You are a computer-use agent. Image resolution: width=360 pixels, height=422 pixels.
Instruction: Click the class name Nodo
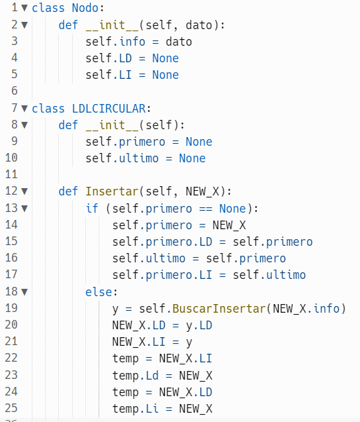85,8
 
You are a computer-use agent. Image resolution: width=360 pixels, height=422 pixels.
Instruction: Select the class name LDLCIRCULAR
109,109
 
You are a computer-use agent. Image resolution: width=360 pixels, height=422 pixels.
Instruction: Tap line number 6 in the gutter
15,91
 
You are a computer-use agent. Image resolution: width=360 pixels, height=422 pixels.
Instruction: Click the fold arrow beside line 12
24,191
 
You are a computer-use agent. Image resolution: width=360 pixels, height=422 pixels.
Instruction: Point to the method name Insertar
112,191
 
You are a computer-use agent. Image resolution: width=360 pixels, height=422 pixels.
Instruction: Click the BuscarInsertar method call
219,309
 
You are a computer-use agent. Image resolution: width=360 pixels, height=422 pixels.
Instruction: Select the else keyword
99,292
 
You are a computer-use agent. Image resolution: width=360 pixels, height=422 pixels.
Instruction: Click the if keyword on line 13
92,208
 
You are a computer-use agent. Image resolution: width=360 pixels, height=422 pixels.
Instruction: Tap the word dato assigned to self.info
179,42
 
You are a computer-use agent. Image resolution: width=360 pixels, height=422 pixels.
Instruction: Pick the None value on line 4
165,58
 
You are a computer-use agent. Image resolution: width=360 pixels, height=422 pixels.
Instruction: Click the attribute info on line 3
132,42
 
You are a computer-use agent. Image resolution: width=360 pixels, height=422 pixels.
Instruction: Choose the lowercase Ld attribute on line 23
152,376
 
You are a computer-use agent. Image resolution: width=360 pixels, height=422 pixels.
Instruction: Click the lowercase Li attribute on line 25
152,409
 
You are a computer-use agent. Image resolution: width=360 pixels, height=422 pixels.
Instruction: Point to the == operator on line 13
206,209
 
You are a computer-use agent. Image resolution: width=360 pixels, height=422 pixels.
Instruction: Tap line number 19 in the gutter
11,308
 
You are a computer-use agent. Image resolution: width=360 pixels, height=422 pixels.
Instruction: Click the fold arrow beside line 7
24,109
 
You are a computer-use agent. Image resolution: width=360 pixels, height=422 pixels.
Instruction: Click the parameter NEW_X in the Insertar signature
202,191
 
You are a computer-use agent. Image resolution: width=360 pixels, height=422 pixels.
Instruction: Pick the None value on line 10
193,158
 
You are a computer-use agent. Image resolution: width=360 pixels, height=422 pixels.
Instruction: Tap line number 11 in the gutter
11,174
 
